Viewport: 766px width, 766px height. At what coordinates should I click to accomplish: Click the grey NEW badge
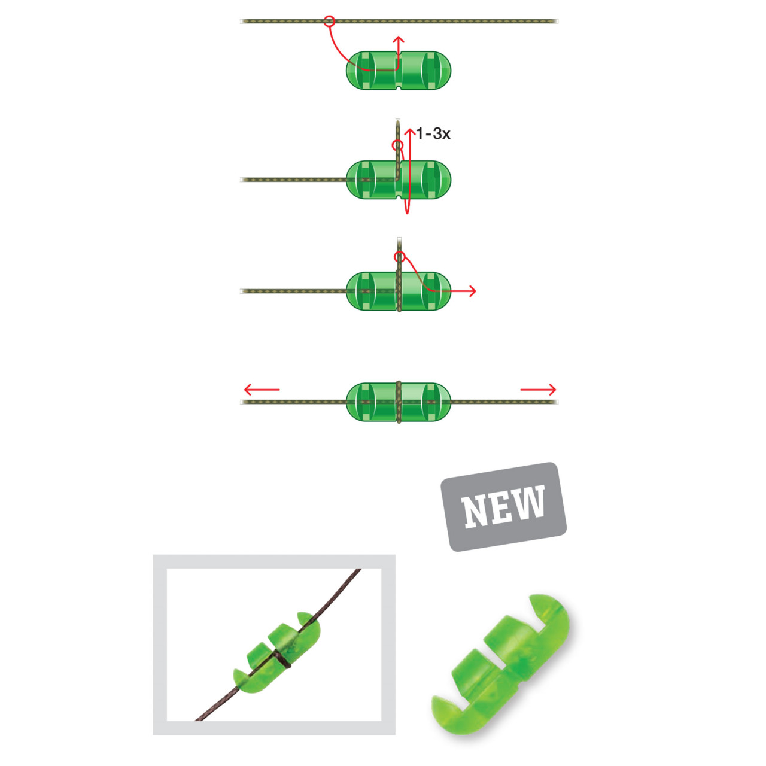[503, 506]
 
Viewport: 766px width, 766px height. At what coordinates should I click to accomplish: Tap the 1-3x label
[433, 134]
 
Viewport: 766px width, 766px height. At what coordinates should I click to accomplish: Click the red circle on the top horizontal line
[329, 21]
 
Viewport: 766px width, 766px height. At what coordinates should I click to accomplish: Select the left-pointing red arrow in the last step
[262, 390]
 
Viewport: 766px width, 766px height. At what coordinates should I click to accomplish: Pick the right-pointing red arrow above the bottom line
[538, 390]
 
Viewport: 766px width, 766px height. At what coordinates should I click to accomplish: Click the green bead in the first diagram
[399, 71]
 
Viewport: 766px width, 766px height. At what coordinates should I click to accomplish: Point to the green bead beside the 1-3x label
[399, 180]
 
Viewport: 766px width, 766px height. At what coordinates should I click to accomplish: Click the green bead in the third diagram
[399, 291]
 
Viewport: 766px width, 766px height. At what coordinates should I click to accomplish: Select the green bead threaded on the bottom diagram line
[399, 402]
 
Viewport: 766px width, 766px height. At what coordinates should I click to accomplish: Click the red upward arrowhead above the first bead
[399, 39]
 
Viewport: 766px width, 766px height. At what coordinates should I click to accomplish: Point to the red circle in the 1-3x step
[397, 145]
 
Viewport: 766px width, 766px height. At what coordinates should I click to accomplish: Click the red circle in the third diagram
[400, 257]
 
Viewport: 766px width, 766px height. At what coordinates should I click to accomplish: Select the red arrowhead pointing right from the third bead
[472, 291]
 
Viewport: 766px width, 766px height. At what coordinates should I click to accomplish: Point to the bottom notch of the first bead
[399, 87]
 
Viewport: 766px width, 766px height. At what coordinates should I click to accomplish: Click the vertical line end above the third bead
[399, 239]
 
